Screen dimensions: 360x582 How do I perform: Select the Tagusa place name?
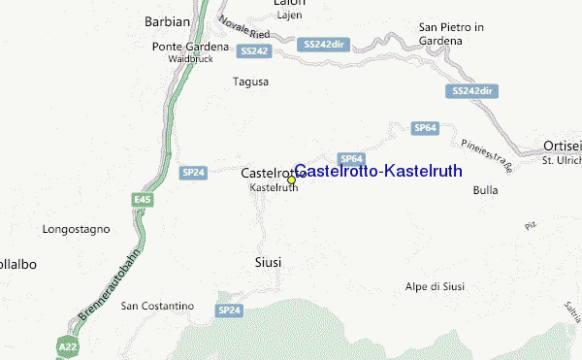pyautogui.click(x=250, y=82)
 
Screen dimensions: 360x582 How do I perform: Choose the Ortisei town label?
pyautogui.click(x=562, y=147)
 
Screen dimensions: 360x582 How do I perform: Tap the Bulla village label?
pyautogui.click(x=485, y=190)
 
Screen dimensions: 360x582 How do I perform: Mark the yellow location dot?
pyautogui.click(x=291, y=180)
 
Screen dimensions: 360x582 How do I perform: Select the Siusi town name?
pyautogui.click(x=268, y=262)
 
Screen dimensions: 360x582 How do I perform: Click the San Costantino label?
pyautogui.click(x=157, y=307)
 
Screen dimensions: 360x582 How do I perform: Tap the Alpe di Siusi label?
pyautogui.click(x=436, y=286)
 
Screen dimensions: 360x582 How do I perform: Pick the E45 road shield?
pyautogui.click(x=143, y=199)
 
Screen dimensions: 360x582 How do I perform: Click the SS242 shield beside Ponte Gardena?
pyautogui.click(x=253, y=50)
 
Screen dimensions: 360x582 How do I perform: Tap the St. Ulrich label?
pyautogui.click(x=561, y=160)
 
